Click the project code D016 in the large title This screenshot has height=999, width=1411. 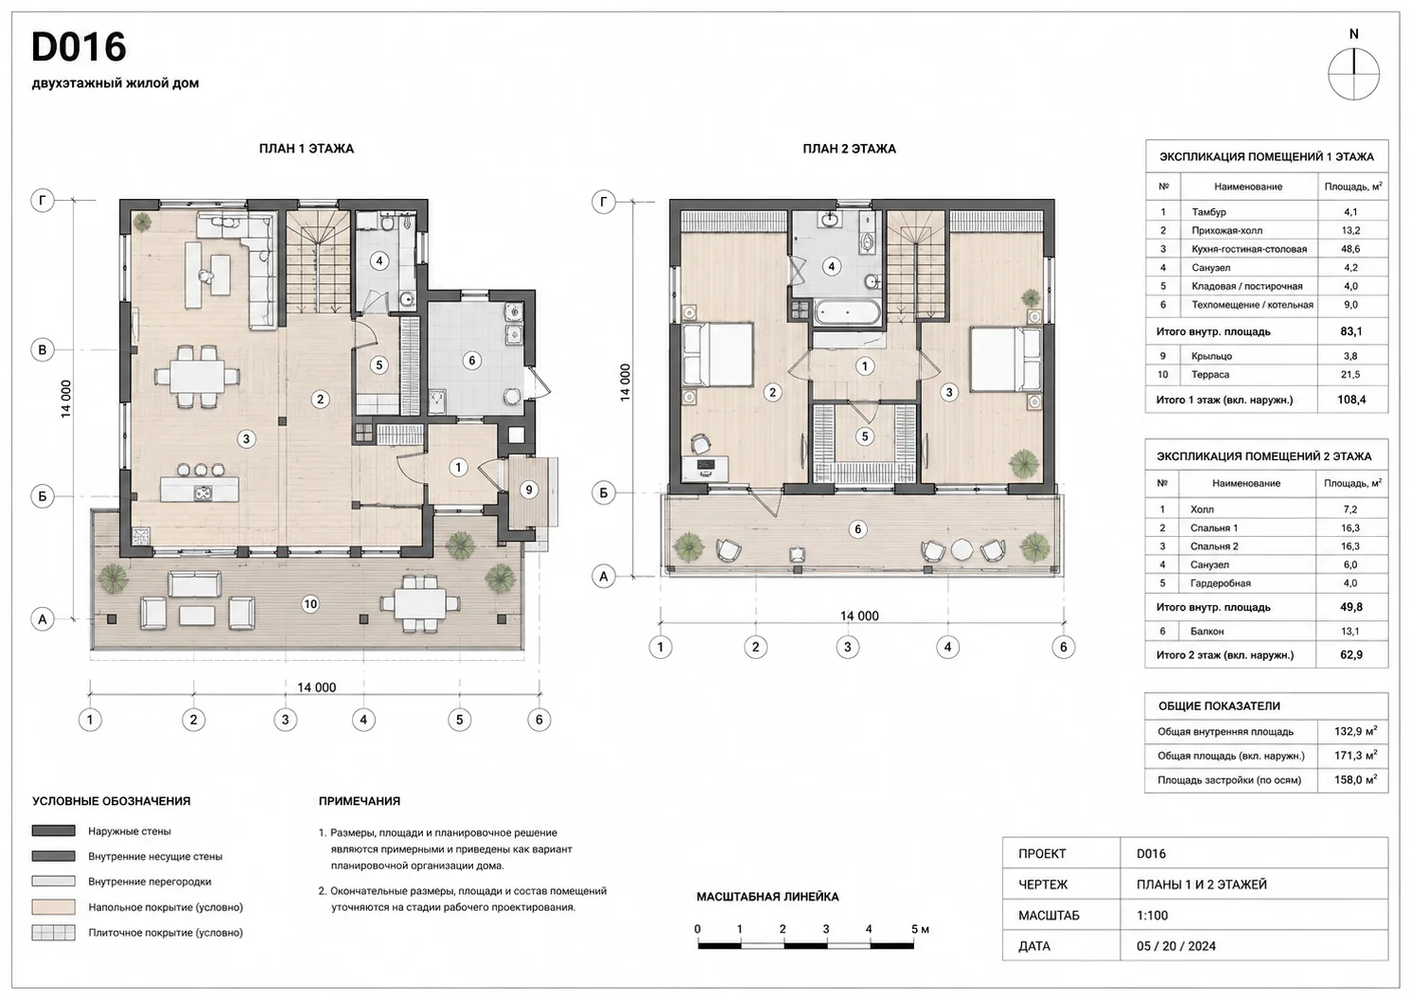coord(79,47)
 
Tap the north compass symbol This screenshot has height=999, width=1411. coord(1353,74)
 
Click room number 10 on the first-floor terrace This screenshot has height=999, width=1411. coord(309,604)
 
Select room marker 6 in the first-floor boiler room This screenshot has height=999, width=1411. coord(471,361)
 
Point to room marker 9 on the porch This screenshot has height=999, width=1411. coord(528,490)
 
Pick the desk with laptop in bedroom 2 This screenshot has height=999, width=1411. coord(705,468)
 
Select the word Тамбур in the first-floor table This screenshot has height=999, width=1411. coord(1208,212)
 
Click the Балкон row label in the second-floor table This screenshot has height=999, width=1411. coord(1207,631)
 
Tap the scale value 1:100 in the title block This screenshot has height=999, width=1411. coord(1152,915)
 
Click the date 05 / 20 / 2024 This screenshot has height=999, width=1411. coord(1176,945)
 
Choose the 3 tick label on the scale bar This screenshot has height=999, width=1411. coord(825,928)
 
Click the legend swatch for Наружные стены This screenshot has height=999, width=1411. coord(54,830)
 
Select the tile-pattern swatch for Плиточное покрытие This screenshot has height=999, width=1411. coord(54,932)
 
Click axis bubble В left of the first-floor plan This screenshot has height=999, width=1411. coord(43,349)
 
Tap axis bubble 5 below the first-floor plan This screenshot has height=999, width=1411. coord(459,719)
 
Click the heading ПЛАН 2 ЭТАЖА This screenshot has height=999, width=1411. coord(849,149)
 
